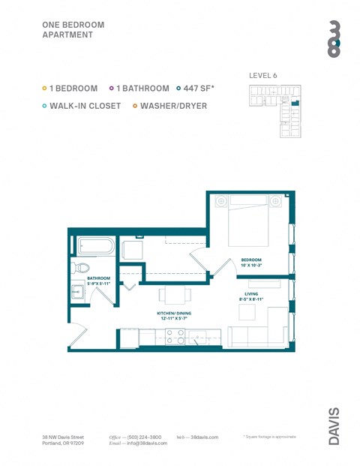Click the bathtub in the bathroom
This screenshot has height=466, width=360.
point(96,246)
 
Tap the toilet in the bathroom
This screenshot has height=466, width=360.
point(81,267)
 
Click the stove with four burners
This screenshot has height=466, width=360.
point(175,337)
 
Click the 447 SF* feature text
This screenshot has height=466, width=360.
point(199,89)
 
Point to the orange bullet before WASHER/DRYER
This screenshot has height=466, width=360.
point(135,106)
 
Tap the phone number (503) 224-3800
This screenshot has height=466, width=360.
point(143,437)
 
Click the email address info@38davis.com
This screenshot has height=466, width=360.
point(146,443)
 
